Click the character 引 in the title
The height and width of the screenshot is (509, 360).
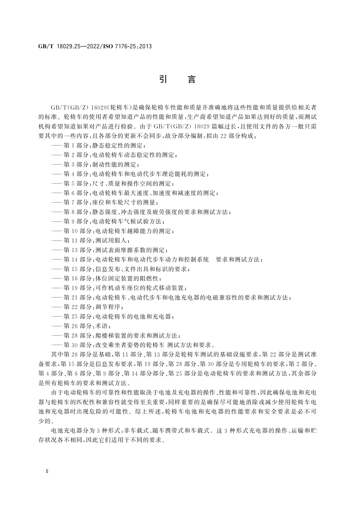[x=163, y=79]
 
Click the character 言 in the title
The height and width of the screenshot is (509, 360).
[x=192, y=79]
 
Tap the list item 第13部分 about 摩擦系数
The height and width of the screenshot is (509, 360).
[x=109, y=250]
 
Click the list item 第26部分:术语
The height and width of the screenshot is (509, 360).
[x=82, y=326]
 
